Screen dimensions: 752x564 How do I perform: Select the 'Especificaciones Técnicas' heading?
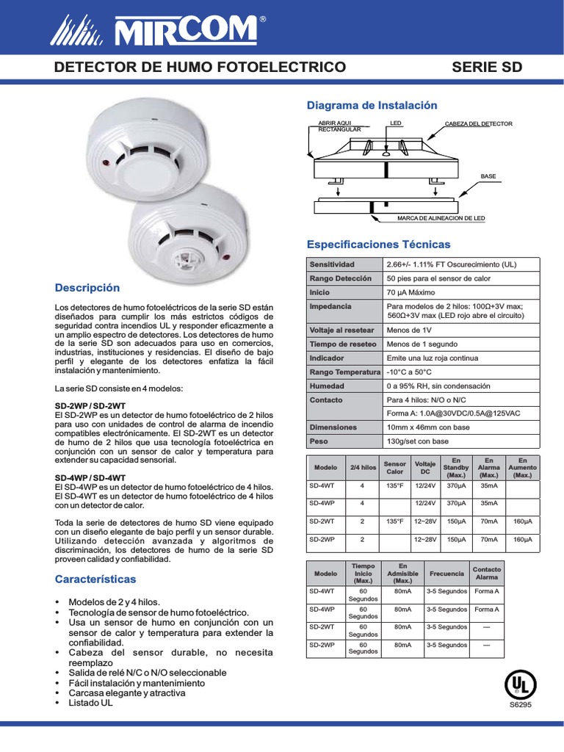coord(378,244)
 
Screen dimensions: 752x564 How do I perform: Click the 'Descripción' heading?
coord(87,287)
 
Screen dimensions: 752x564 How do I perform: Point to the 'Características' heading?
coord(95,579)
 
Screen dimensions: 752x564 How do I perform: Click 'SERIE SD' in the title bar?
coord(486,67)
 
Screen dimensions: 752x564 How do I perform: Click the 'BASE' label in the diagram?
coord(488,176)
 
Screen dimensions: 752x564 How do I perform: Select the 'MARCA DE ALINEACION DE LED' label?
coord(441,219)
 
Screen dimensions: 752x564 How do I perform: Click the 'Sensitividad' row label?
coord(332,264)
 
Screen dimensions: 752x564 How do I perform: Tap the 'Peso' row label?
coord(318,441)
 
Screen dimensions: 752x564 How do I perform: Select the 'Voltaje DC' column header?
coord(425,467)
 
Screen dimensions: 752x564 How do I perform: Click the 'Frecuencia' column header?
coord(446,573)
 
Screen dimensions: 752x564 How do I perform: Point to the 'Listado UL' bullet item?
coord(91,703)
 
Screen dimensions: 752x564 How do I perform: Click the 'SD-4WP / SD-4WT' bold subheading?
coord(89,477)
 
